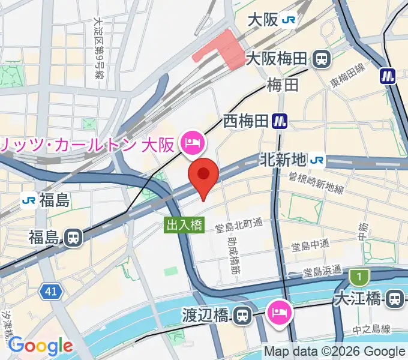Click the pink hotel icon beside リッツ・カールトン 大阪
(x=194, y=143)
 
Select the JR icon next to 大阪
(x=289, y=19)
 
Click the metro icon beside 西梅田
(x=278, y=121)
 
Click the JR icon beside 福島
(x=28, y=200)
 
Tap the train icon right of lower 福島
(x=73, y=238)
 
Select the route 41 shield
(x=52, y=292)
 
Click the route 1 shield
(x=359, y=277)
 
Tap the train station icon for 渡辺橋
(x=242, y=314)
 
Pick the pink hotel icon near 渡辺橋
(x=280, y=311)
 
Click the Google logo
(x=40, y=345)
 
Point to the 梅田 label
(x=283, y=85)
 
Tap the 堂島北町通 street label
(x=239, y=223)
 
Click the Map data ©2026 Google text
(x=335, y=351)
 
